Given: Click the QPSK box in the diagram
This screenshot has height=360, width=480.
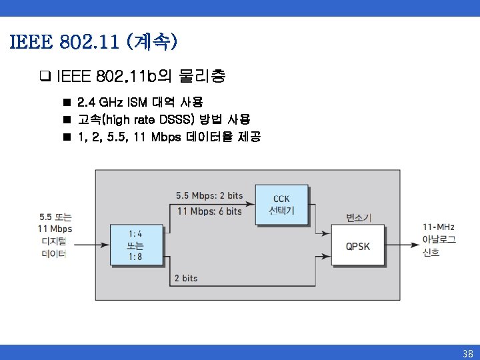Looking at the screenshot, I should pyautogui.click(x=358, y=246).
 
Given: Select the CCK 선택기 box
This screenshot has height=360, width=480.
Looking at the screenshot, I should pyautogui.click(x=281, y=205).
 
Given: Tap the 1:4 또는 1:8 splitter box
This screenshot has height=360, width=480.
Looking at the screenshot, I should pyautogui.click(x=135, y=245).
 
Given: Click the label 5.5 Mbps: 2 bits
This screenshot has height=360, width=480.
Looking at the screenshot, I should pyautogui.click(x=209, y=195).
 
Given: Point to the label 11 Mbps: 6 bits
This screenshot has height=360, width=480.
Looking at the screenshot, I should pyautogui.click(x=209, y=211).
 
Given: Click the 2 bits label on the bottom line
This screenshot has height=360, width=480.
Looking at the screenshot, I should pyautogui.click(x=185, y=278).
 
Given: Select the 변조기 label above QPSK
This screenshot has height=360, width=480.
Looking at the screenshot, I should pyautogui.click(x=359, y=217).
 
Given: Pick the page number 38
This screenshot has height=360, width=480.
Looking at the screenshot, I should pyautogui.click(x=467, y=353).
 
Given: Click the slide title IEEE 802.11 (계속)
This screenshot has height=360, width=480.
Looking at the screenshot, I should pyautogui.click(x=94, y=43).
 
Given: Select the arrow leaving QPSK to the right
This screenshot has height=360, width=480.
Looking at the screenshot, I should pyautogui.click(x=403, y=245).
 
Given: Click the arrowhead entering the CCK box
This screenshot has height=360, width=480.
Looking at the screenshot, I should pyautogui.click(x=253, y=189).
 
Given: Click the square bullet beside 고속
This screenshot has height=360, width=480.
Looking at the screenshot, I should pyautogui.click(x=67, y=120).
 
